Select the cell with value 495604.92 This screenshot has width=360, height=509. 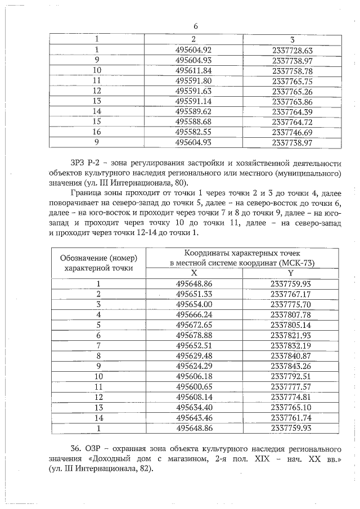193,50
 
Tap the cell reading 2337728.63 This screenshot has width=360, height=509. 291,50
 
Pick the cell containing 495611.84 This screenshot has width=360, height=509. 193,70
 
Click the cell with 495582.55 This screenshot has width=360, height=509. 193,132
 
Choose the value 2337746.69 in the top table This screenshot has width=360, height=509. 291,132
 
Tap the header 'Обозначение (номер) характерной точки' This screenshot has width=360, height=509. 98,263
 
